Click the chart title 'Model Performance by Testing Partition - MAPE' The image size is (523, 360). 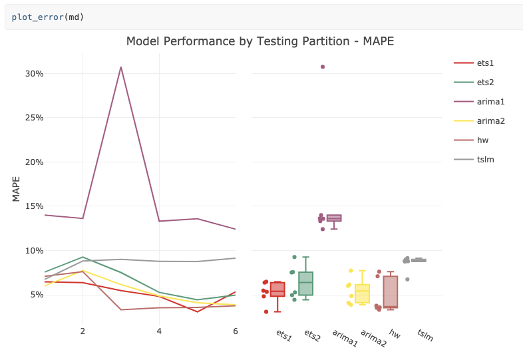point(260,41)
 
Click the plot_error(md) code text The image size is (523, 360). point(48,17)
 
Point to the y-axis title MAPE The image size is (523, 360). point(16,188)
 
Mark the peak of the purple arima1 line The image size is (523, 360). point(120,67)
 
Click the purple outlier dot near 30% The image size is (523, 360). point(323,67)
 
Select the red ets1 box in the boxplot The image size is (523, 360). point(277,289)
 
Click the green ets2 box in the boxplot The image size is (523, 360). point(305,283)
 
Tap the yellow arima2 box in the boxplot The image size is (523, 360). point(362,293)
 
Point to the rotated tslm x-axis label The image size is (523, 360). point(425,335)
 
